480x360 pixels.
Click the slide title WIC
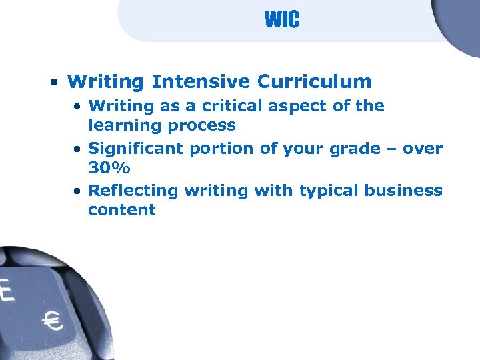pos(282,20)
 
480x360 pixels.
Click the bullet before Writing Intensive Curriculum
pos(52,83)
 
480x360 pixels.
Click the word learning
pos(121,125)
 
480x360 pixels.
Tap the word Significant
pos(135,149)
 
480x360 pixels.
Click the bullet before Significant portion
pos(78,149)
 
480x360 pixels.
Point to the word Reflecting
pos(133,191)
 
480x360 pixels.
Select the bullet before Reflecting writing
pos(78,191)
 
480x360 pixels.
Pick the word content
pos(121,210)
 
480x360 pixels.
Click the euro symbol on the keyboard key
pos(52,322)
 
